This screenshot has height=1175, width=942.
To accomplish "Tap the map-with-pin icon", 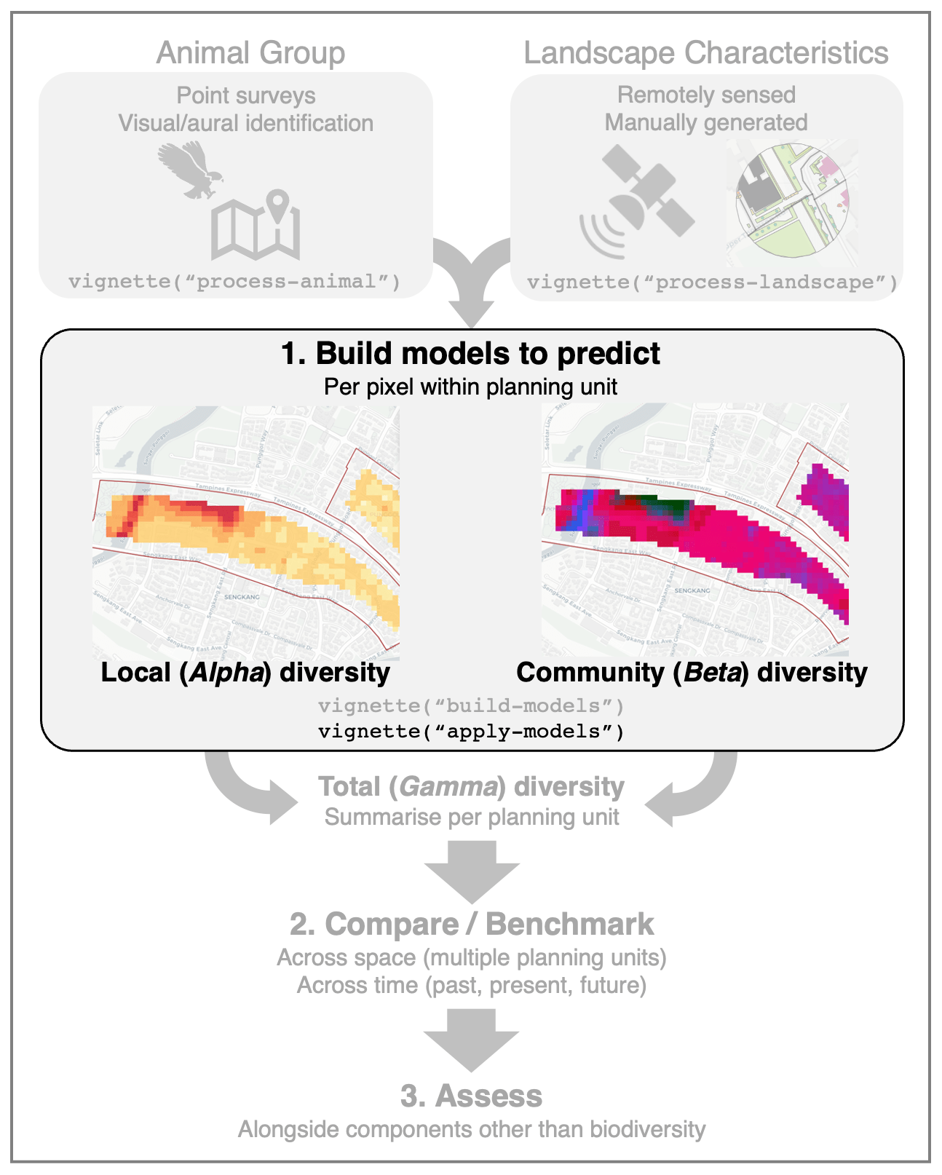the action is point(256,226).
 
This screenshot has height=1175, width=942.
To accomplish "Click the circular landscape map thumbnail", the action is point(792,202).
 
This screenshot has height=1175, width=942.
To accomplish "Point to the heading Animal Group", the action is point(250,53).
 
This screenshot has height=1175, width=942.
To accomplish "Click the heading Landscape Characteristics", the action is point(705,53).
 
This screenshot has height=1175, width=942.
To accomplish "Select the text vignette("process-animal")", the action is point(234,282).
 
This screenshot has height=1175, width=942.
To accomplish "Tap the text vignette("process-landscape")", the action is point(713,282).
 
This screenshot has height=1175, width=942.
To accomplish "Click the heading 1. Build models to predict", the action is point(470,354).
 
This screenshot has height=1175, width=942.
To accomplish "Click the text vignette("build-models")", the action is point(471,705).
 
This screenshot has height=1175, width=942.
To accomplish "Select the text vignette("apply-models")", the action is point(471,731).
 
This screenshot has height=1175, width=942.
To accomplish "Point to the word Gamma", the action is point(448,787).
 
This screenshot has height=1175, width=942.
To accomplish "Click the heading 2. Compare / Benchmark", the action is point(471,924).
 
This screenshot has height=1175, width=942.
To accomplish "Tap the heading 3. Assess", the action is point(471,1096).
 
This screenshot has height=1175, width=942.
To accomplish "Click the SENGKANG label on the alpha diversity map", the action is point(242,597).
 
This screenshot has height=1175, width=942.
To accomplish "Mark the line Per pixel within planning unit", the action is point(470,387).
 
